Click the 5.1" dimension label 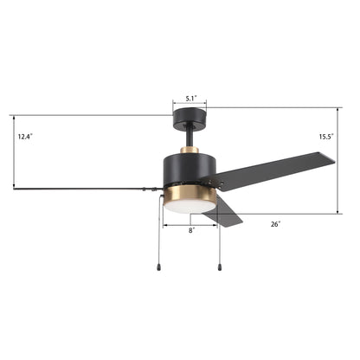(190, 99)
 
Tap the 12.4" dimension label (25, 137)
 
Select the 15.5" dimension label (326, 137)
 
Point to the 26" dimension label (275, 224)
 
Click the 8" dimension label (192, 230)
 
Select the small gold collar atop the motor (190, 151)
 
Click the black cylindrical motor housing (190, 170)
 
